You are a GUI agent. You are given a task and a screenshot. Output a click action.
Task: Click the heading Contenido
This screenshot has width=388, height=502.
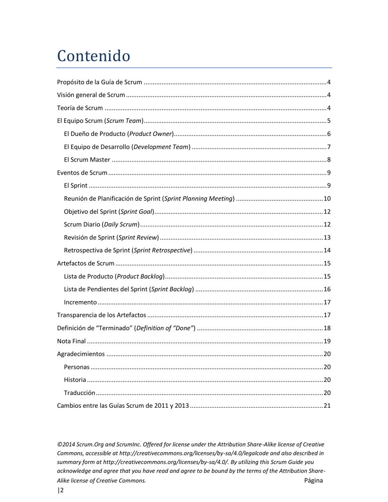click(94, 56)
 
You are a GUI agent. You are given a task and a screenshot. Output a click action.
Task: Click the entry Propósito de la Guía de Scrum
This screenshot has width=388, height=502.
click(99, 82)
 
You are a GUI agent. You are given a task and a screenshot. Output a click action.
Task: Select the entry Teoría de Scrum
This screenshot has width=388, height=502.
click(80, 108)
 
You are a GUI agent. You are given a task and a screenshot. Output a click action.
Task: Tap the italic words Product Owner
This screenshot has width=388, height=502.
click(151, 134)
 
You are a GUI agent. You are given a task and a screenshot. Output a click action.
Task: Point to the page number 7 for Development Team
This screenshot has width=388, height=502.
click(328, 147)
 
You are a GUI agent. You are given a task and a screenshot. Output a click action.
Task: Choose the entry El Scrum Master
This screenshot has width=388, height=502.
click(87, 160)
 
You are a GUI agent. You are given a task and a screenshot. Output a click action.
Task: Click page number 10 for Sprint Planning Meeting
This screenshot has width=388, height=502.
click(327, 199)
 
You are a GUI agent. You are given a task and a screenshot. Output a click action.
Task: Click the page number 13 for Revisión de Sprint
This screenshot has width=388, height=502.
click(327, 238)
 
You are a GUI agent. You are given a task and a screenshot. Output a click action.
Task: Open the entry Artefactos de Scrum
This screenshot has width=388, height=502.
click(85, 264)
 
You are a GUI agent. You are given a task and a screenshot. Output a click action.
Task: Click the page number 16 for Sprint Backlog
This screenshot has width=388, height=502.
click(327, 289)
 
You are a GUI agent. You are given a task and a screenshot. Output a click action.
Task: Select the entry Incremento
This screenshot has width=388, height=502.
click(80, 302)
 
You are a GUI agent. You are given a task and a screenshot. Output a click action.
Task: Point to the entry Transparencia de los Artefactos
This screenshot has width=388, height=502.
click(101, 315)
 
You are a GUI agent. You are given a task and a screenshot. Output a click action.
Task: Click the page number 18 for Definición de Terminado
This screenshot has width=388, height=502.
click(327, 328)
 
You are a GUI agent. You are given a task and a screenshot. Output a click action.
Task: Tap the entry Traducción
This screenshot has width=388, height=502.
click(80, 393)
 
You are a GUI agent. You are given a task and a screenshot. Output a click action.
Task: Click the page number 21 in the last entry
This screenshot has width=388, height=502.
click(327, 406)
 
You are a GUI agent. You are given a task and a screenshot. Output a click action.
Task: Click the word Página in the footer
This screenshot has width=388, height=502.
click(313, 480)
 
